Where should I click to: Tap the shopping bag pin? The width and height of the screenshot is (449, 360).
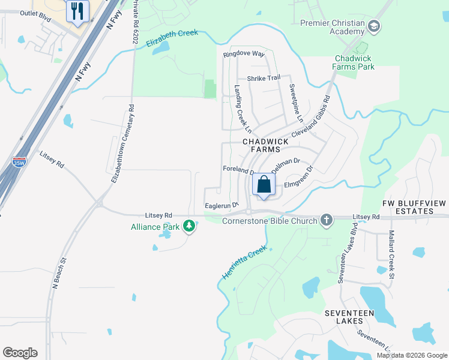click(264, 185)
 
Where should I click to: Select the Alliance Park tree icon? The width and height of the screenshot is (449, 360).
click(190, 226)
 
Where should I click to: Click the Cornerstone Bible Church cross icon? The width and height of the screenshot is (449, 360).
click(326, 220)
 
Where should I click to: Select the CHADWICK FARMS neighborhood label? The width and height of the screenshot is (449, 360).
click(265, 145)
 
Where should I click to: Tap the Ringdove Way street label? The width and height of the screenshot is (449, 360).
click(244, 54)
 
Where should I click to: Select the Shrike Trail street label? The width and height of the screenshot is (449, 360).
click(264, 78)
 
